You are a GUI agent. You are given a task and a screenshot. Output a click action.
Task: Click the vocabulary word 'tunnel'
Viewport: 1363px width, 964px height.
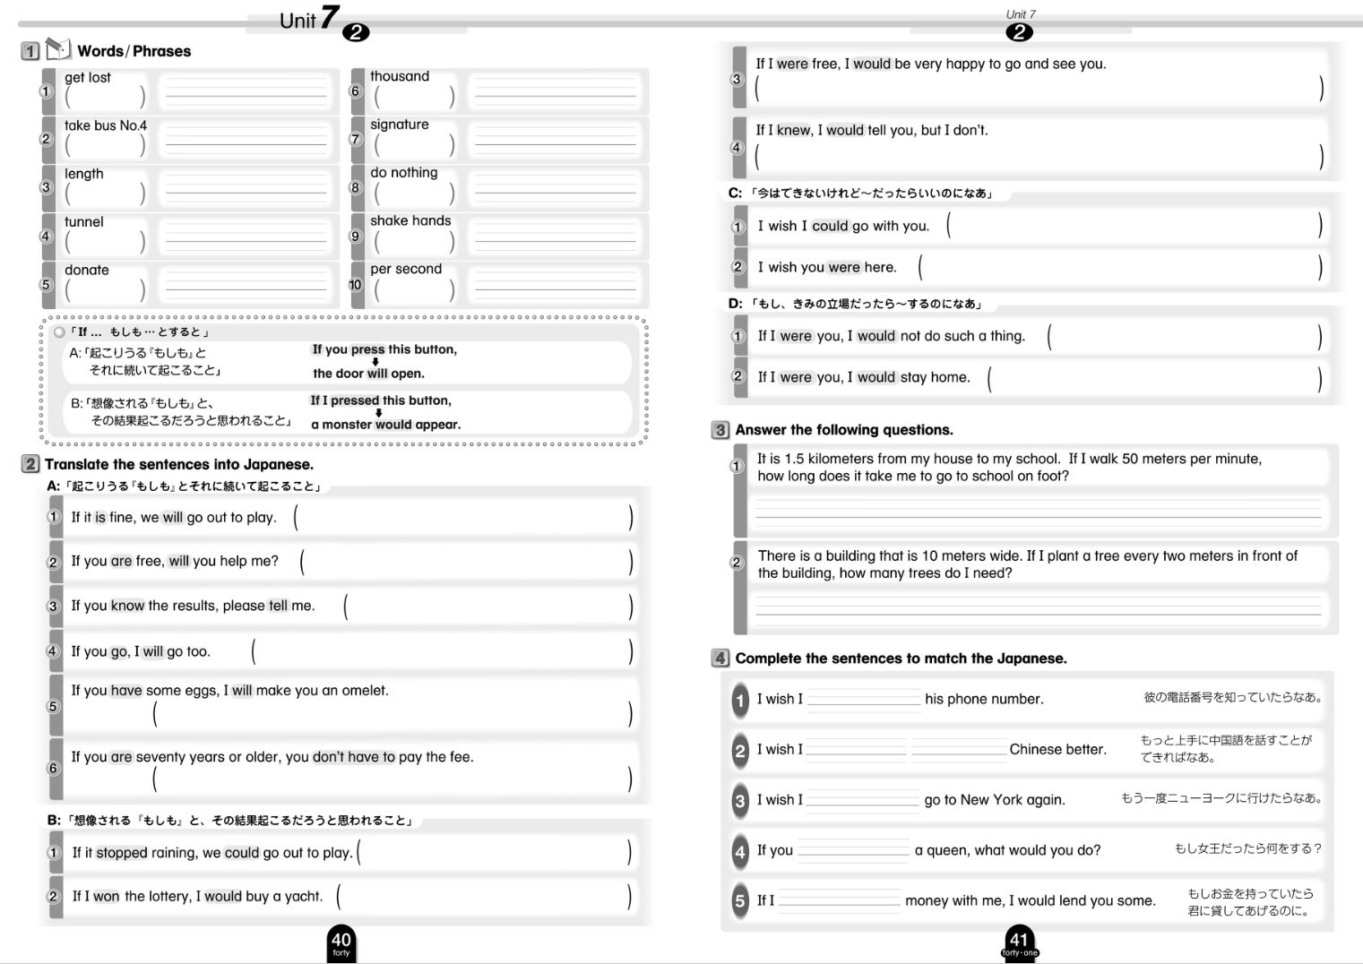coord(83,222)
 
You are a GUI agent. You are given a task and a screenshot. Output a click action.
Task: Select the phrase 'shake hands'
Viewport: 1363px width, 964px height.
coord(410,220)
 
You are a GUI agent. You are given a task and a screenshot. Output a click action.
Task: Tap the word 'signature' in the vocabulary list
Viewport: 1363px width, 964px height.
coord(399,125)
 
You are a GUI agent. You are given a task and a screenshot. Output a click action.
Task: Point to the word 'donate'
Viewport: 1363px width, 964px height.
coord(86,270)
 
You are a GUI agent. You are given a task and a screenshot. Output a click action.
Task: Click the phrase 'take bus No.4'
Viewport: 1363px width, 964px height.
coord(105,125)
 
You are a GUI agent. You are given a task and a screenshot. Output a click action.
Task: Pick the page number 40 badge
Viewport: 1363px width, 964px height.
coord(341,942)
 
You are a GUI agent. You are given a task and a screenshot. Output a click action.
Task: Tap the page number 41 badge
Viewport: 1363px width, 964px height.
coord(1019,942)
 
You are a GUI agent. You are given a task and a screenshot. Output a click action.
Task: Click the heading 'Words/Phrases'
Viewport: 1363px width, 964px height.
coord(134,51)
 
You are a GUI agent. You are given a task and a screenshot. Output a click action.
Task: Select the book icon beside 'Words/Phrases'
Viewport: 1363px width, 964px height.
coord(57,48)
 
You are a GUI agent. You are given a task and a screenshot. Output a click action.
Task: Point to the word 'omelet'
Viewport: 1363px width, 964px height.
coord(365,691)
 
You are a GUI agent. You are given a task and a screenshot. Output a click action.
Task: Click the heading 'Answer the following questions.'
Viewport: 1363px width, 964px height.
coord(843,430)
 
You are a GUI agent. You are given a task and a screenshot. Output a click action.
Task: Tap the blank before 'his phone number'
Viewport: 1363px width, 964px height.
coord(863,700)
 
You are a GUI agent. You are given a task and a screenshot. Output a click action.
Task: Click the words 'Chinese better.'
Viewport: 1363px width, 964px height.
coord(1057,749)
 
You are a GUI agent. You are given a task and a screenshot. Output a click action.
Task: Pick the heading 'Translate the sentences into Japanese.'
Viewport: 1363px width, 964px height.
coord(178,464)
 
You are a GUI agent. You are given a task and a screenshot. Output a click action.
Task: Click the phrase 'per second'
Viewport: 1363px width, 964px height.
coord(405,269)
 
